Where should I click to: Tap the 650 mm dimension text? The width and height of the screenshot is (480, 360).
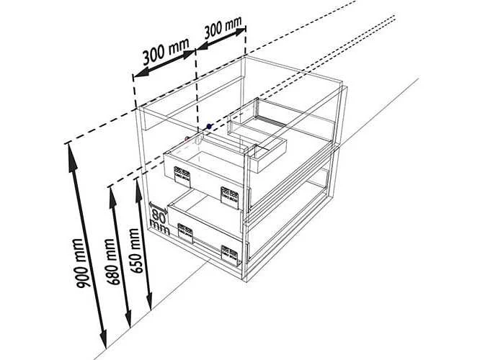(135, 251)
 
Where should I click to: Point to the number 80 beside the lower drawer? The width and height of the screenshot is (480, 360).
(159, 216)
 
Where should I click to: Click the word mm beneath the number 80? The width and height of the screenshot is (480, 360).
(159, 228)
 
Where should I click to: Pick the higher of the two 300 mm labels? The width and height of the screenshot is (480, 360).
(223, 27)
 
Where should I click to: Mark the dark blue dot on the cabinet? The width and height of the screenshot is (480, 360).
(209, 126)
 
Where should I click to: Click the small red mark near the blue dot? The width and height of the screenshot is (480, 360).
(187, 139)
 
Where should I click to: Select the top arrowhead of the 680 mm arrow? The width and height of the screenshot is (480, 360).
(112, 199)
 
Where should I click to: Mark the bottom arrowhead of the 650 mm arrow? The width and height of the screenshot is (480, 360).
(149, 299)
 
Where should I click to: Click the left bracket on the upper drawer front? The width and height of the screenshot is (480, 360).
(182, 176)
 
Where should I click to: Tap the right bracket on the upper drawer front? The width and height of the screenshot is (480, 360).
(230, 197)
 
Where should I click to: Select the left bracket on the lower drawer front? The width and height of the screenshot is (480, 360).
(185, 233)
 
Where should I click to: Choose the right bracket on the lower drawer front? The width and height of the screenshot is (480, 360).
(230, 255)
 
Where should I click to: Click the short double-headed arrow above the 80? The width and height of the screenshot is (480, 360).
(159, 207)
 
